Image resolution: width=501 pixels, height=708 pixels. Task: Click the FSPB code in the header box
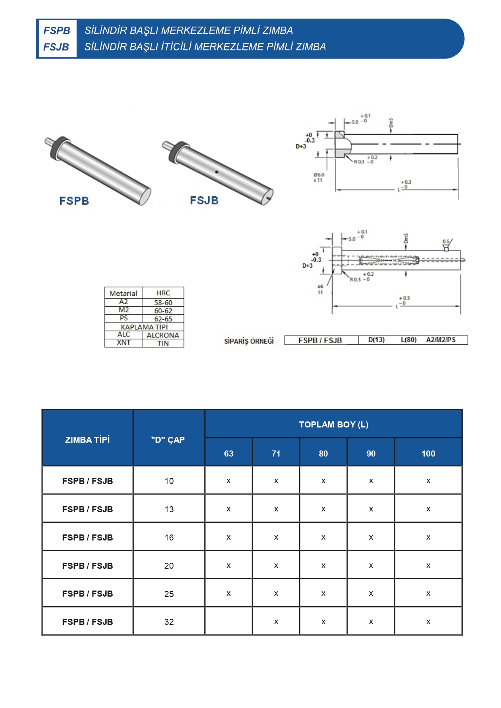pyautogui.click(x=57, y=31)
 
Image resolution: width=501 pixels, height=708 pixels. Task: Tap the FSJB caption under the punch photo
pyautogui.click(x=204, y=200)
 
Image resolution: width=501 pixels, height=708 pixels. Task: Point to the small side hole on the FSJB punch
pyautogui.click(x=216, y=172)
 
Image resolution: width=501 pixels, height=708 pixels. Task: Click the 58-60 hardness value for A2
pyautogui.click(x=163, y=302)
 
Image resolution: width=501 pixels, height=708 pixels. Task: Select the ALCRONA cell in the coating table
pyautogui.click(x=163, y=335)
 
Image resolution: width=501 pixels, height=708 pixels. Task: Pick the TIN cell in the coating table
pyautogui.click(x=163, y=344)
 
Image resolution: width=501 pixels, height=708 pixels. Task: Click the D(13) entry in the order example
pyautogui.click(x=376, y=340)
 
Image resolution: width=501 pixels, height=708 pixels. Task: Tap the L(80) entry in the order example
pyautogui.click(x=409, y=340)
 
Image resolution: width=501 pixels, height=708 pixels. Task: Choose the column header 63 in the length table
pyautogui.click(x=228, y=453)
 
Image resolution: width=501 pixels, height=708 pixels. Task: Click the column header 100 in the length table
pyautogui.click(x=428, y=453)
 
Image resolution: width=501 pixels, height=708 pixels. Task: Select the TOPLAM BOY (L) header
pyautogui.click(x=333, y=424)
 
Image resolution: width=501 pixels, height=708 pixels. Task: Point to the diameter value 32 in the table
pyautogui.click(x=169, y=622)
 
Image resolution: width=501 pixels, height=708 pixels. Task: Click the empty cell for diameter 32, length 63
pyautogui.click(x=228, y=621)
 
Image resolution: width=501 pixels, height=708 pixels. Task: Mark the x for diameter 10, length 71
pyautogui.click(x=276, y=481)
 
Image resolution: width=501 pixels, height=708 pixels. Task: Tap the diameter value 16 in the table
pyautogui.click(x=169, y=537)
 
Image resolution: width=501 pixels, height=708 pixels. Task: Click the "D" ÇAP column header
pyautogui.click(x=168, y=440)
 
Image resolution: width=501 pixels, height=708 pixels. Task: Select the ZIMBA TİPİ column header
pyautogui.click(x=87, y=440)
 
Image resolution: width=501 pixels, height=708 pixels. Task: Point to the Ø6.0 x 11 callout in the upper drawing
pyautogui.click(x=319, y=177)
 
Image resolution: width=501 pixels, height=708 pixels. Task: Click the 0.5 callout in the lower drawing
pyautogui.click(x=446, y=241)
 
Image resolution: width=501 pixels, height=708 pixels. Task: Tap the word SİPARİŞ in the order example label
pyautogui.click(x=236, y=341)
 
